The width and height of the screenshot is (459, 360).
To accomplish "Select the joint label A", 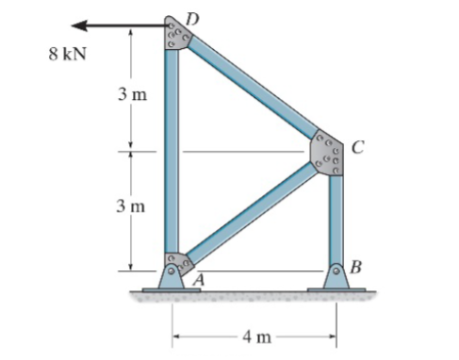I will (x=199, y=279).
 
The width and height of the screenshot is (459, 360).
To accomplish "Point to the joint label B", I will (x=355, y=267).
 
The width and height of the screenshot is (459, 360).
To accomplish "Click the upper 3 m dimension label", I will (x=130, y=96).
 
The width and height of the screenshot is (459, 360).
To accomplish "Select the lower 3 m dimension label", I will (x=130, y=205).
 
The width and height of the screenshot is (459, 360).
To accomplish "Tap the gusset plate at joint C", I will (x=328, y=152).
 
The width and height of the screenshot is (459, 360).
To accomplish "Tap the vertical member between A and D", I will (x=172, y=151).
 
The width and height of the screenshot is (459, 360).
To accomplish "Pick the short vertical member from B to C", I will (x=336, y=217).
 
